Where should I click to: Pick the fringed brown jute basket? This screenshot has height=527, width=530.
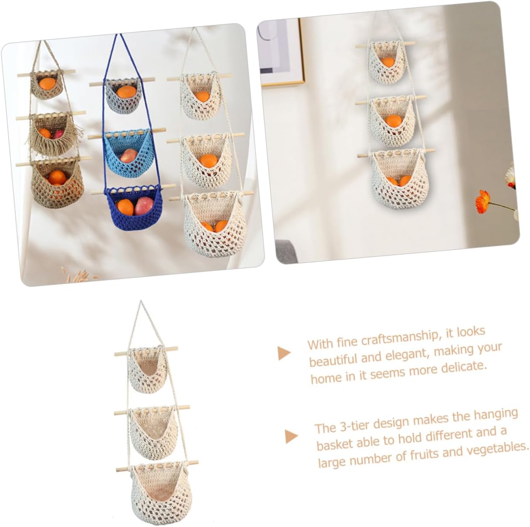coord(49,133)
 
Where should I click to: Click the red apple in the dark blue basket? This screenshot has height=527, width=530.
coord(143,207)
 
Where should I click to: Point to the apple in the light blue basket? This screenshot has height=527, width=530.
coord(130,155)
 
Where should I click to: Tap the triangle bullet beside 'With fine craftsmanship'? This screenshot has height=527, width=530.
coord(284,353)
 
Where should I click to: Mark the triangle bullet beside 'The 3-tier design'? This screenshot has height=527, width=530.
coord(291,436)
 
